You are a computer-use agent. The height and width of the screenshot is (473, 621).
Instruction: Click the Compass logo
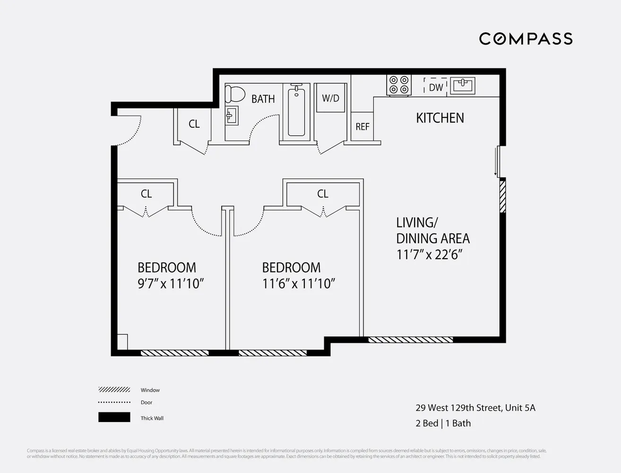click(x=526, y=39)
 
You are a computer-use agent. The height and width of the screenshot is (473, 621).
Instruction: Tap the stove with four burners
click(x=398, y=85)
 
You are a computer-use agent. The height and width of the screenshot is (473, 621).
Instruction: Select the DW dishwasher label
click(x=436, y=88)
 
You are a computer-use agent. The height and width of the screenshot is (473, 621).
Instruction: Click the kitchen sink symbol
click(x=462, y=86)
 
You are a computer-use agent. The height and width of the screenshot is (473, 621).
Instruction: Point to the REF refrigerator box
click(x=362, y=126)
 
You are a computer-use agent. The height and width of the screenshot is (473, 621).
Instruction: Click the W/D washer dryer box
click(x=330, y=98)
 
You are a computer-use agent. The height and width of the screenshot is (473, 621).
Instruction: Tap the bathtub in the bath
click(x=296, y=112)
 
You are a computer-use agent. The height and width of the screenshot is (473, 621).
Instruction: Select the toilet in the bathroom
click(x=235, y=94)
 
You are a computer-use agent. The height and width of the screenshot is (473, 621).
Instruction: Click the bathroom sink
click(x=232, y=115)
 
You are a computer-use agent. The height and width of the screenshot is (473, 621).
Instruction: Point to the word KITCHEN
click(x=440, y=118)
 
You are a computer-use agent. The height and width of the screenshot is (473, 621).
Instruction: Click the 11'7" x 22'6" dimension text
click(x=429, y=254)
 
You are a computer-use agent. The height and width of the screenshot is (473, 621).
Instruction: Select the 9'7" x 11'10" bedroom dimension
click(x=171, y=283)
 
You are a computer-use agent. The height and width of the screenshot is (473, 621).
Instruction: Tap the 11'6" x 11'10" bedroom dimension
click(x=299, y=283)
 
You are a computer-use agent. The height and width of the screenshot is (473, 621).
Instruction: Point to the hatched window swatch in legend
click(x=114, y=390)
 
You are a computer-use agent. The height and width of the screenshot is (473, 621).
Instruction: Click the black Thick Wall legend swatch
click(x=114, y=417)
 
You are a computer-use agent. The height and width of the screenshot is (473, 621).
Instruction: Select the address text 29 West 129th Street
click(x=475, y=408)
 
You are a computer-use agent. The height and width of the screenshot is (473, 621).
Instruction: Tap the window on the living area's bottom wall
click(x=410, y=340)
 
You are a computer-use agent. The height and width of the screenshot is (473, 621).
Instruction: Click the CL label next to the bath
click(x=194, y=124)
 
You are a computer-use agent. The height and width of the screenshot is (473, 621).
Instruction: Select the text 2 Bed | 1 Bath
click(x=443, y=423)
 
